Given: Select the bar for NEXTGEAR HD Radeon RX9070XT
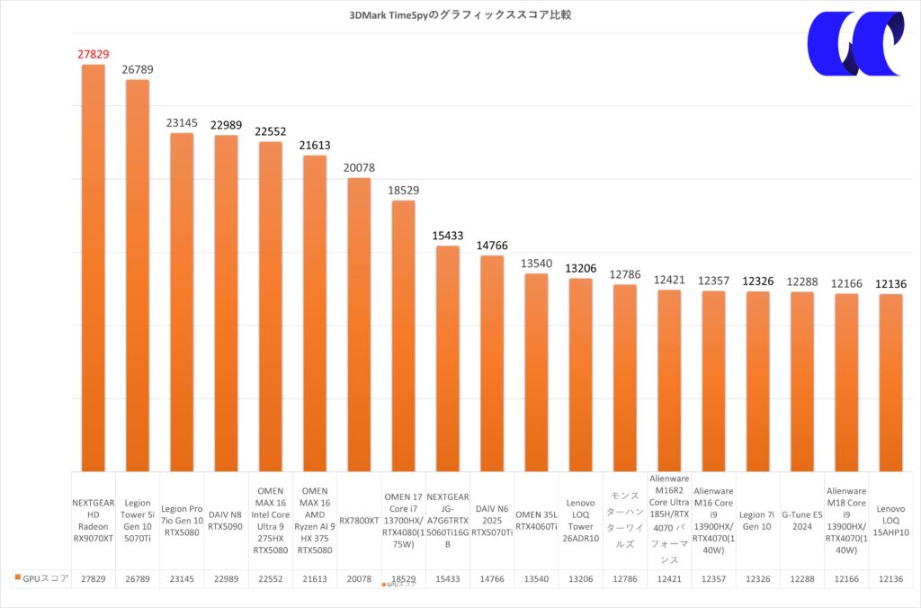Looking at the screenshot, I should pyautogui.click(x=94, y=270).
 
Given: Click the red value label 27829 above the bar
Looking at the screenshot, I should pyautogui.click(x=94, y=55).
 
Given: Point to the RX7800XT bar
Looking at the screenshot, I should pyautogui.click(x=359, y=324).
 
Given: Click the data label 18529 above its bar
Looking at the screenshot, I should pyautogui.click(x=403, y=191).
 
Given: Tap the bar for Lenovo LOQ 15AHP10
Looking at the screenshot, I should pyautogui.click(x=890, y=382).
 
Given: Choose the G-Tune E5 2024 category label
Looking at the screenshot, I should pyautogui.click(x=801, y=521).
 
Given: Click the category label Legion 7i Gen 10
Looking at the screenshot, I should pyautogui.click(x=757, y=521).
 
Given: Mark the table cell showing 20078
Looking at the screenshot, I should pyautogui.click(x=359, y=579).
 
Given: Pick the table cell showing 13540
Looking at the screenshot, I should pyautogui.click(x=536, y=579).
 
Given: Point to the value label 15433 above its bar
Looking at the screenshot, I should pyautogui.click(x=448, y=235).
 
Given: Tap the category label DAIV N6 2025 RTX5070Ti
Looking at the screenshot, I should pyautogui.click(x=492, y=521).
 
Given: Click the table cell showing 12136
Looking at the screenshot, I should pyautogui.click(x=890, y=579).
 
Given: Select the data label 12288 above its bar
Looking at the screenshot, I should pyautogui.click(x=801, y=282).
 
